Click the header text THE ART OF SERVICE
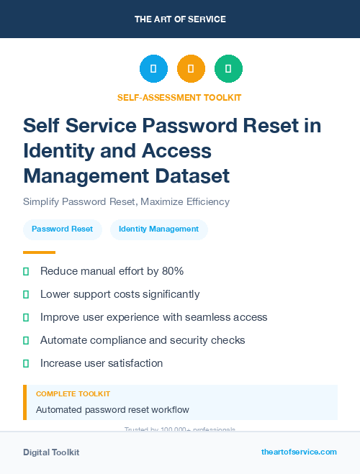pyautogui.click(x=180, y=19)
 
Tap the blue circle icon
pyautogui.click(x=153, y=68)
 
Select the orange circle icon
pyautogui.click(x=191, y=68)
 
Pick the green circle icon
pyautogui.click(x=228, y=68)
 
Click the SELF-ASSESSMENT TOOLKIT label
pyautogui.click(x=179, y=97)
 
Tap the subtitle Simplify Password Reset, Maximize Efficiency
pyautogui.click(x=126, y=201)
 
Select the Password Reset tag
pyautogui.click(x=62, y=229)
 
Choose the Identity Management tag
pyautogui.click(x=158, y=229)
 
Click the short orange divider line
pyautogui.click(x=39, y=252)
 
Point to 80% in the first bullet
pyautogui.click(x=171, y=271)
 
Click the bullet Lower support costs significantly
pyautogui.click(x=120, y=294)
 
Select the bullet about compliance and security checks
pyautogui.click(x=143, y=340)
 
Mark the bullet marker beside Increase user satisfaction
pyautogui.click(x=26, y=363)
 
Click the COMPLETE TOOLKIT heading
pyautogui.click(x=73, y=394)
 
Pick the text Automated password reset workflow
pyautogui.click(x=112, y=410)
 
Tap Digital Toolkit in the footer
pyautogui.click(x=51, y=452)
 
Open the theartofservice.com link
pyautogui.click(x=299, y=452)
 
